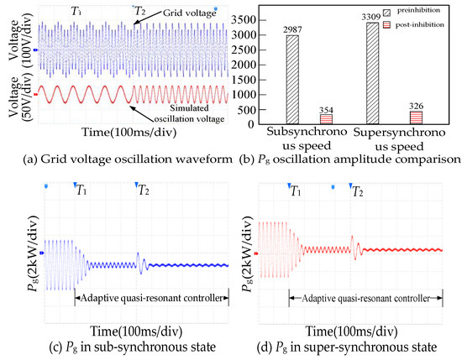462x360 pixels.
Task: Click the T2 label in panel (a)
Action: [x=142, y=11]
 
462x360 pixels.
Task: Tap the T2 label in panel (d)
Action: [x=357, y=191]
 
